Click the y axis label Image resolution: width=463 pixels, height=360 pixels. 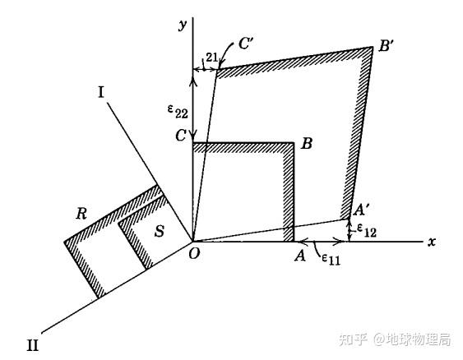click(x=183, y=25)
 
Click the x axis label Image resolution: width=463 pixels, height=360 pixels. click(x=432, y=242)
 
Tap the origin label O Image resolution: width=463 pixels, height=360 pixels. click(x=194, y=253)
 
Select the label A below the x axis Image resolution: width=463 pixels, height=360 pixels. click(x=300, y=256)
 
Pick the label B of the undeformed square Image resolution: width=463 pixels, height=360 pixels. click(x=307, y=144)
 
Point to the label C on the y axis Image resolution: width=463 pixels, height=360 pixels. click(x=181, y=136)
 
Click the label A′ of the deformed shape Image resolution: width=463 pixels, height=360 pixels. click(x=361, y=210)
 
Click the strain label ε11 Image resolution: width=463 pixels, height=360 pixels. click(x=331, y=259)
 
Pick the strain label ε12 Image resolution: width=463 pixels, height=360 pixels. click(x=367, y=230)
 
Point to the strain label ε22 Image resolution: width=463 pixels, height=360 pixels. click(x=178, y=112)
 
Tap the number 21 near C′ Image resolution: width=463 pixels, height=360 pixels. click(x=211, y=58)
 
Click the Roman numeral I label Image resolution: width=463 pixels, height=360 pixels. click(x=101, y=92)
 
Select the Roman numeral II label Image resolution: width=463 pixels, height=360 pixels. click(x=33, y=344)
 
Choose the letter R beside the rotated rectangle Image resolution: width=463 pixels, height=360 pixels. click(x=81, y=214)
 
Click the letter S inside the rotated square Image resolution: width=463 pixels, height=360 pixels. click(x=160, y=231)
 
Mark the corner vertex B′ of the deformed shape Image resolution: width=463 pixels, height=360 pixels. click(x=373, y=47)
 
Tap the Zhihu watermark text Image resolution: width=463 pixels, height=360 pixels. click(x=395, y=339)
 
